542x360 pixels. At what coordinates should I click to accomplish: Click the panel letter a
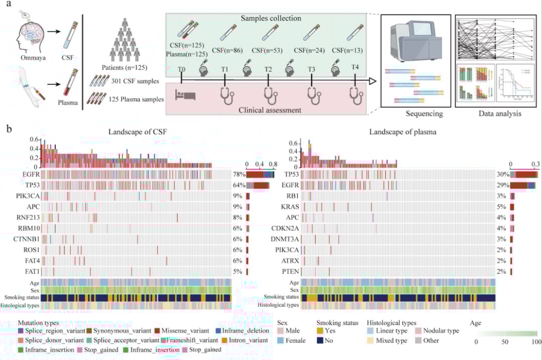pyautogui.click(x=9, y=7)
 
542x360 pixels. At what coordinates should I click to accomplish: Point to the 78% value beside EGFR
pyautogui.click(x=238, y=174)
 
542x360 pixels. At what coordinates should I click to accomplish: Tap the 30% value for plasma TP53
pyautogui.click(x=502, y=174)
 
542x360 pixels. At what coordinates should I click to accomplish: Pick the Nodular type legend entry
pyautogui.click(x=438, y=330)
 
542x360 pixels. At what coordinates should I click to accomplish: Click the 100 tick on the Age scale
pyautogui.click(x=536, y=341)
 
